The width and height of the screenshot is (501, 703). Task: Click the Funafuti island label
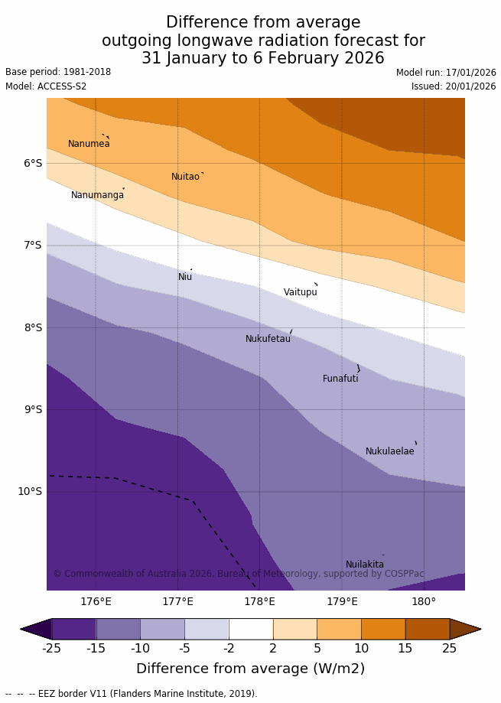tap(340, 379)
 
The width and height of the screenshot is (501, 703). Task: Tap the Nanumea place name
tap(89, 144)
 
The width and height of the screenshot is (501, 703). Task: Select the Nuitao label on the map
tap(185, 177)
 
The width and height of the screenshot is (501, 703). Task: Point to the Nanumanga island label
tap(97, 195)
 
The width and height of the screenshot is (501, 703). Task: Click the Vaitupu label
tap(300, 292)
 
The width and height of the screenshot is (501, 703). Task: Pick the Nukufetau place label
tap(268, 339)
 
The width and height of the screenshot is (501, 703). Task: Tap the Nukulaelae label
tap(389, 451)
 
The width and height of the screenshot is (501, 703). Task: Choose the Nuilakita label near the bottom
tap(365, 565)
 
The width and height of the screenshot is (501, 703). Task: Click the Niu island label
tap(185, 277)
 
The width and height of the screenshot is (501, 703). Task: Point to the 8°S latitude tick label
tap(33, 327)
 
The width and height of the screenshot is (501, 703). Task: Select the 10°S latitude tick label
tap(30, 491)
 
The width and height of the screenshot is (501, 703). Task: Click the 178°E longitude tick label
tap(259, 601)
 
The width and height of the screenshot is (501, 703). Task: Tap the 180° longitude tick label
tap(424, 601)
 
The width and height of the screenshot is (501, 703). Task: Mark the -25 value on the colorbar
tap(51, 649)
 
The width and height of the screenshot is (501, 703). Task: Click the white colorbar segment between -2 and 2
tap(251, 629)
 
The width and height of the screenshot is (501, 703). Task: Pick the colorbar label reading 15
tap(405, 649)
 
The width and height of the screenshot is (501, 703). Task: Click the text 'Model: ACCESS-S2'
tap(46, 86)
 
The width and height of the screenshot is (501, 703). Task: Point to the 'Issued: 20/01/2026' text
tap(454, 86)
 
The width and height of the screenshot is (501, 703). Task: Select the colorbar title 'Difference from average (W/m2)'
tap(250, 669)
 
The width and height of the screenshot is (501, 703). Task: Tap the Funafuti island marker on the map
tap(358, 369)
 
